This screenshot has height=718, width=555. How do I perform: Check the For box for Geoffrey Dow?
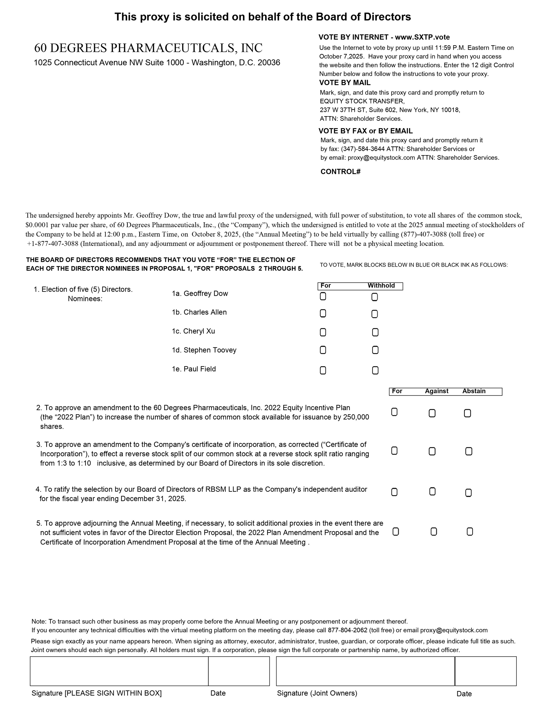coord(323,296)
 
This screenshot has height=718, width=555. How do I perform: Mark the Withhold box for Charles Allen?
coord(375,314)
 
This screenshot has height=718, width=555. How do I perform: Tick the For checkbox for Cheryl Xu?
coord(323,332)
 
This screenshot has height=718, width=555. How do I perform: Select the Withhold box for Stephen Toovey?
coord(375,350)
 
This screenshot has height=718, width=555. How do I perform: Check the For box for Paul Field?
coord(323,370)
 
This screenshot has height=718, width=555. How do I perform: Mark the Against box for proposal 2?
coord(432,413)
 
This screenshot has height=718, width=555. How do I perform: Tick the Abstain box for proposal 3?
coord(469,451)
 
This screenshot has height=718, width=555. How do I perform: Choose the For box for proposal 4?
coord(395,492)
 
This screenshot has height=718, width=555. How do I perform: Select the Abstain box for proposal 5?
coord(470,532)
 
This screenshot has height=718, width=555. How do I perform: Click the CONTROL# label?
coord(340,172)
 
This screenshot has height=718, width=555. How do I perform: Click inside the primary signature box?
coord(119,671)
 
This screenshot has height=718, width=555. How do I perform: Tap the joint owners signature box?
coord(365,671)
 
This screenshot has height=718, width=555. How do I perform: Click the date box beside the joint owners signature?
coord(486,671)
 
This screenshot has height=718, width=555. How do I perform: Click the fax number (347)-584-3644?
coord(362,149)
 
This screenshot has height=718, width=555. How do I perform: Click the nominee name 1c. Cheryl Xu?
coord(193,331)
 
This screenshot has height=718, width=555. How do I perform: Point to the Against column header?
coord(436,391)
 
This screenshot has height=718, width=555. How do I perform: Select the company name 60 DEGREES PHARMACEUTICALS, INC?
coord(148,48)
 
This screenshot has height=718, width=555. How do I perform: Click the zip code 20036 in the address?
coord(269,63)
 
